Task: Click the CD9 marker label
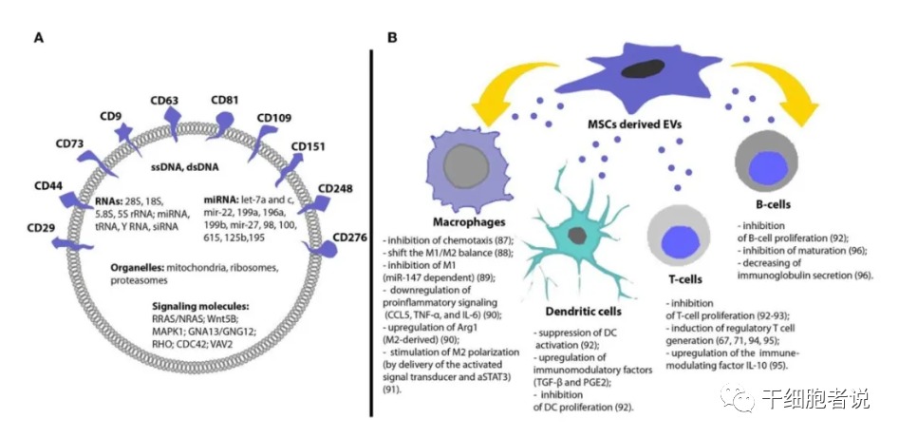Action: (x=111, y=117)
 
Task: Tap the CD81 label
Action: (x=225, y=99)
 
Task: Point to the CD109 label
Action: (x=276, y=119)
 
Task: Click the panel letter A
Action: (x=38, y=38)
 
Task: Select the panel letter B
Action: (x=392, y=38)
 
